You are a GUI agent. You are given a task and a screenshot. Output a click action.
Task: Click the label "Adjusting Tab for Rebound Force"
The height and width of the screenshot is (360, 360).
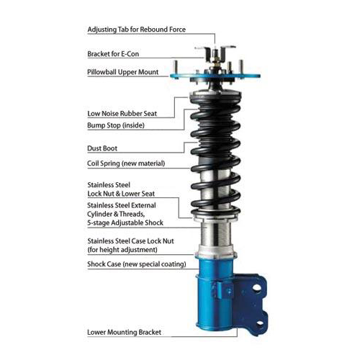tap(137, 30)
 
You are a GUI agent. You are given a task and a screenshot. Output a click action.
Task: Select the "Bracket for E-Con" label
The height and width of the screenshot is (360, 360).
tap(113, 54)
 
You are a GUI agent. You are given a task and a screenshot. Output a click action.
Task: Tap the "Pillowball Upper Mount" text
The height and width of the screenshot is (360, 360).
tap(122, 72)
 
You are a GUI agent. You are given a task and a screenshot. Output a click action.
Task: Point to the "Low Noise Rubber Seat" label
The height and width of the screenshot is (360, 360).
tap(122, 114)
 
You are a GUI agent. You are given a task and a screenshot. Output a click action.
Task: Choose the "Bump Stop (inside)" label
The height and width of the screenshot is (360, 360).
tap(116, 125)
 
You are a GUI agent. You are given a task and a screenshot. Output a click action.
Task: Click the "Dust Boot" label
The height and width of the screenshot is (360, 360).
tap(102, 148)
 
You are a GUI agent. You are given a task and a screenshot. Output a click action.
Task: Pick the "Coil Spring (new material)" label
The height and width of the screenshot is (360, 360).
tap(126, 163)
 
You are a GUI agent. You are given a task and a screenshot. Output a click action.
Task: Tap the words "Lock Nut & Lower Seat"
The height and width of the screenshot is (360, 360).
tap(121, 194)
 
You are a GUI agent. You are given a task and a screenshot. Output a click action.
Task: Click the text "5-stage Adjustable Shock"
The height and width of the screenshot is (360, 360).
tap(125, 222)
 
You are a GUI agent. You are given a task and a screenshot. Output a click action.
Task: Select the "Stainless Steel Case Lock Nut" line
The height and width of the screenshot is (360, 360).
tap(130, 241)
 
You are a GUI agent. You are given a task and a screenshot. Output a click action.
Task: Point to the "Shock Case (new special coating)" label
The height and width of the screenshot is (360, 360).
tap(137, 264)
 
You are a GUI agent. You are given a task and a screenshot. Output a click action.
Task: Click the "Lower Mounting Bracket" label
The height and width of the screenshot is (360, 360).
tap(124, 333)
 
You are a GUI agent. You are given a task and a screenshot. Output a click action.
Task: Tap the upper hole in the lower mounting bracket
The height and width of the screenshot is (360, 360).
tap(256, 287)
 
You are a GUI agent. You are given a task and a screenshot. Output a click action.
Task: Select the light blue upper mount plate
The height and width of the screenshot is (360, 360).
tap(215, 76)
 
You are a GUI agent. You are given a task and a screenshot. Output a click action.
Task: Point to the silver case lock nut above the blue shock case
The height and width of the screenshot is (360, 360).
tap(215, 251)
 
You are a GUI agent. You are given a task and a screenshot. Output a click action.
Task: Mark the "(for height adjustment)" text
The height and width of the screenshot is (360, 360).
tap(122, 250)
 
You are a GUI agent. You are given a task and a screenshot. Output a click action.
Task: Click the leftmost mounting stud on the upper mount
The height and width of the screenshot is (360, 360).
tap(176, 67)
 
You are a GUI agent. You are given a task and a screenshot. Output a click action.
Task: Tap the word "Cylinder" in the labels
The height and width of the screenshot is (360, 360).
tap(98, 214)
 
